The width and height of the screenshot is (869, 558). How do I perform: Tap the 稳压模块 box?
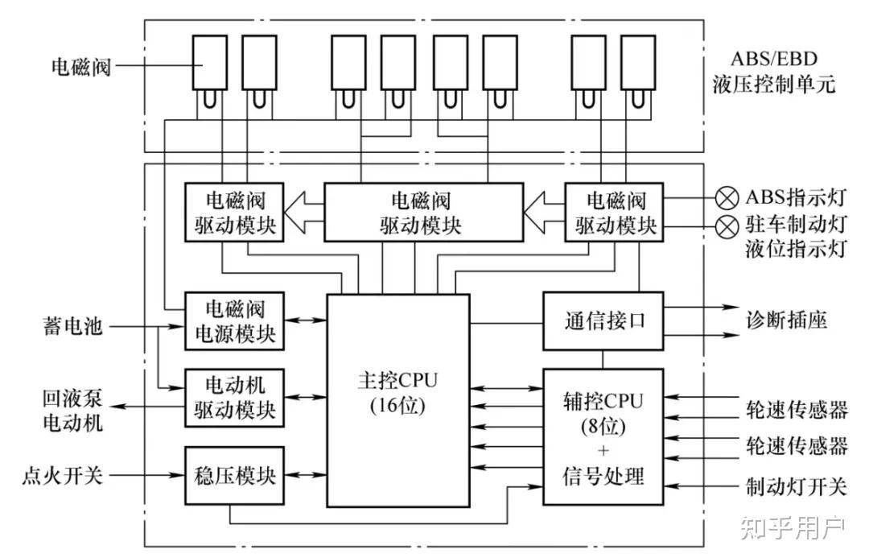tap(235, 475)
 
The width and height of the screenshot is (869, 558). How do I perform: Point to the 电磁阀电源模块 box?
tap(235, 320)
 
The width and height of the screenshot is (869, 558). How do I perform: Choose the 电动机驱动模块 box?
tap(235, 398)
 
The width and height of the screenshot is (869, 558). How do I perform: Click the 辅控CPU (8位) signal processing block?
tap(603, 437)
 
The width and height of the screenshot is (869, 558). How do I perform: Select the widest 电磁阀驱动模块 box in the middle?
tap(421, 212)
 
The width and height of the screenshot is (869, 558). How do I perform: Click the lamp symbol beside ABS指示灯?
tap(727, 197)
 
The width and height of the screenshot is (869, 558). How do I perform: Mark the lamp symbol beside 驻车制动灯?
tap(727, 227)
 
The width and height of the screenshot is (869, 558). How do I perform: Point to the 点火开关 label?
tap(62, 476)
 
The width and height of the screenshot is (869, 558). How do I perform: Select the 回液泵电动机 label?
tap(72, 410)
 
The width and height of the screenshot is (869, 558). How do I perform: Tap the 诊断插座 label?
tap(786, 320)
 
